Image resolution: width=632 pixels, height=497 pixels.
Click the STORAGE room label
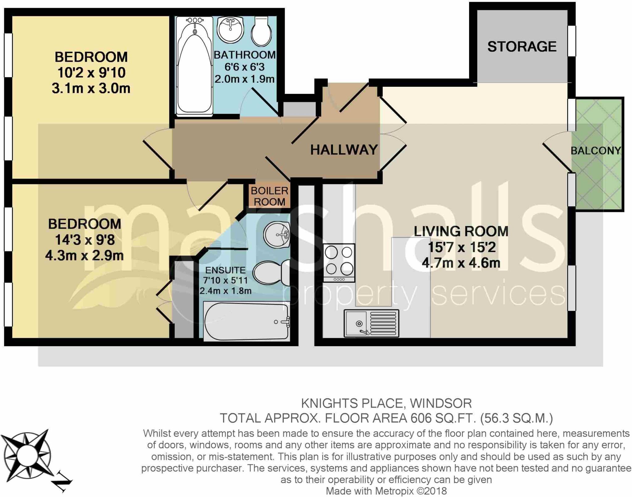pyautogui.click(x=522, y=47)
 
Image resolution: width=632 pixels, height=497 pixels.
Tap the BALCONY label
pyautogui.click(x=596, y=151)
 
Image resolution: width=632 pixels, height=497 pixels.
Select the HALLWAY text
pyautogui.click(x=344, y=150)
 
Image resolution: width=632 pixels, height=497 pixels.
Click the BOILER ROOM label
pyautogui.click(x=269, y=196)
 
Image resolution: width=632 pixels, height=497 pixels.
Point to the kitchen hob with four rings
pyautogui.click(x=339, y=263)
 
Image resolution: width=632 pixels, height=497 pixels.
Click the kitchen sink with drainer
pyautogui.click(x=371, y=323)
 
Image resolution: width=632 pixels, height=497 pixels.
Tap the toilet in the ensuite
pyautogui.click(x=272, y=272)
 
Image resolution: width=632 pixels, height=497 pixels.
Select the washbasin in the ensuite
pyautogui.click(x=277, y=235)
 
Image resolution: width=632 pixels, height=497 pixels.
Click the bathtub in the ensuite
pyautogui.click(x=247, y=322)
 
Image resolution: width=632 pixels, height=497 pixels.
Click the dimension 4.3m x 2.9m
pyautogui.click(x=84, y=256)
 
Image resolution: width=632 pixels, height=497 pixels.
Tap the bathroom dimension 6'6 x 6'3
pyautogui.click(x=244, y=67)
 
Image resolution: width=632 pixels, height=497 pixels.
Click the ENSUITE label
pyautogui.click(x=225, y=270)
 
